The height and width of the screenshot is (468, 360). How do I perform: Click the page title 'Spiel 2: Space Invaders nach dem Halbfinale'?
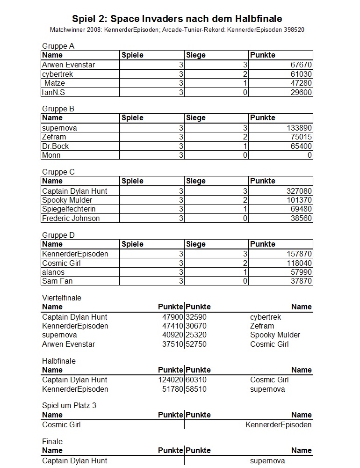click(x=177, y=19)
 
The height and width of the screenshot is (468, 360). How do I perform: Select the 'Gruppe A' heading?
click(x=58, y=46)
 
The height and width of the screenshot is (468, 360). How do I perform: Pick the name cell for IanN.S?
click(x=53, y=92)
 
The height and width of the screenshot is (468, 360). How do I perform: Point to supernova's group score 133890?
click(x=299, y=128)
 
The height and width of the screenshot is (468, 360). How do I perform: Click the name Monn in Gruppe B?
click(x=51, y=155)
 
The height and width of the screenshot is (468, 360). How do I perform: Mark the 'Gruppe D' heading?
click(x=58, y=235)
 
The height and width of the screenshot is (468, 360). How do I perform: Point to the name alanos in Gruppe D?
click(x=53, y=272)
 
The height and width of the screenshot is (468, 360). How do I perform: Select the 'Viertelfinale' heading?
click(x=62, y=298)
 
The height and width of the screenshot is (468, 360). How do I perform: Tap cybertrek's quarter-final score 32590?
click(x=196, y=317)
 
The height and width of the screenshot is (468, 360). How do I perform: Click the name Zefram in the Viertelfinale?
click(x=262, y=326)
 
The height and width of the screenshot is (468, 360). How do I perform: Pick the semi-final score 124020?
click(x=171, y=380)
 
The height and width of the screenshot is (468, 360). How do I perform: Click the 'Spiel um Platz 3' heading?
click(x=69, y=405)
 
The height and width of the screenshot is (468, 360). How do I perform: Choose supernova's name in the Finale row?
click(x=267, y=461)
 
